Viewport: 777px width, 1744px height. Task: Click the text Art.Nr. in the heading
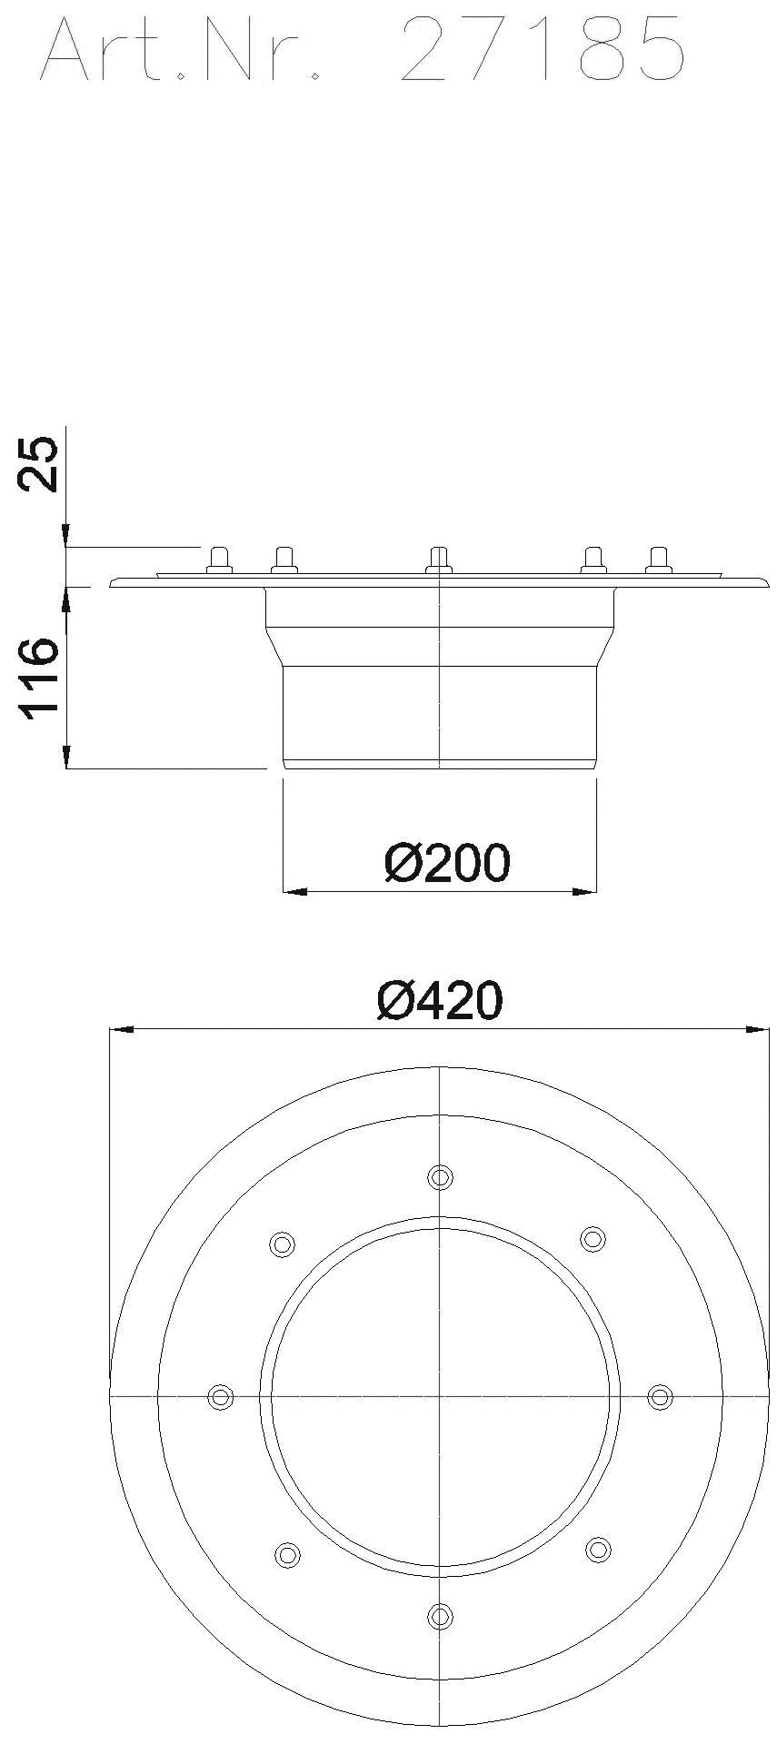click(182, 50)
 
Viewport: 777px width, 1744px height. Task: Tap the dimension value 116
click(39, 679)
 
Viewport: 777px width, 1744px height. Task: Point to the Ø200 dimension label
click(447, 863)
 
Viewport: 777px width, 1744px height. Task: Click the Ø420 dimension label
click(440, 1001)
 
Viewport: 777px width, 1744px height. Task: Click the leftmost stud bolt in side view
click(219, 560)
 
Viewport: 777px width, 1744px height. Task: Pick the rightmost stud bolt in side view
click(658, 560)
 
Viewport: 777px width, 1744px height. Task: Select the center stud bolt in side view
click(439, 560)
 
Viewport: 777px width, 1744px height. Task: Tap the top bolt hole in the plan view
click(440, 1177)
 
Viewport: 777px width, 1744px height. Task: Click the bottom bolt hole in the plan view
click(440, 1616)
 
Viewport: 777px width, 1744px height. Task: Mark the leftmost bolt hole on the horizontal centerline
click(220, 1397)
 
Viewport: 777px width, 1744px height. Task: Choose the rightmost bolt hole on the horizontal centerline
click(660, 1397)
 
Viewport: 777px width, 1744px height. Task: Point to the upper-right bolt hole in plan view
click(593, 1238)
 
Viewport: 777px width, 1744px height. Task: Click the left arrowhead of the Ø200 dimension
click(293, 892)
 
